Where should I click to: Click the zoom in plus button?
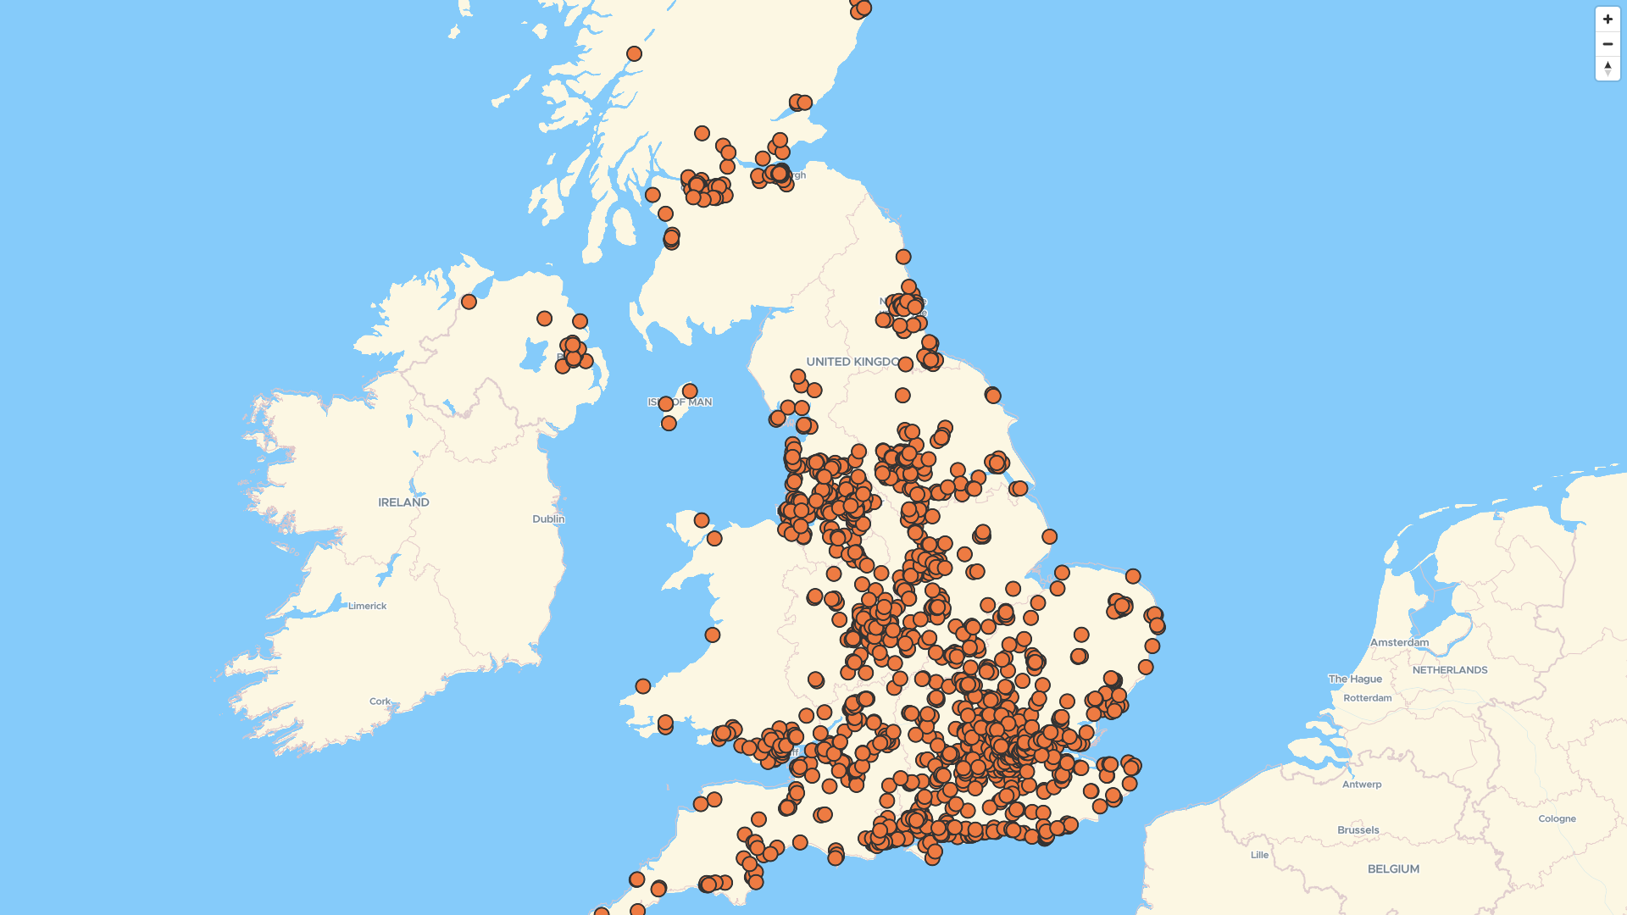click(x=1608, y=19)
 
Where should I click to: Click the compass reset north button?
click(x=1608, y=68)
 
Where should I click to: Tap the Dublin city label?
click(x=548, y=518)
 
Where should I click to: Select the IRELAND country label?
click(x=403, y=502)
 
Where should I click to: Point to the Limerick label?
click(x=367, y=606)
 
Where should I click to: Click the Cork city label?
click(x=380, y=701)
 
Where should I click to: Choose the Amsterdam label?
click(x=1399, y=642)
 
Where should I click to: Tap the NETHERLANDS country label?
click(x=1449, y=670)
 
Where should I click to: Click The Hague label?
click(x=1355, y=679)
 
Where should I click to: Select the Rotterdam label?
click(x=1367, y=698)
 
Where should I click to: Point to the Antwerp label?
click(x=1361, y=785)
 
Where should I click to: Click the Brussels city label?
click(x=1358, y=830)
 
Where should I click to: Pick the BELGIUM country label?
click(x=1393, y=869)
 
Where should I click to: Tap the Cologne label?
click(x=1557, y=818)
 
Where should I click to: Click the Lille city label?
click(x=1259, y=855)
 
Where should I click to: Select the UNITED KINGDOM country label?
click(x=852, y=362)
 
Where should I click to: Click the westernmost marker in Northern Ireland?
click(x=469, y=302)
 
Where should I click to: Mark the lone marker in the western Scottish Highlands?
click(x=634, y=54)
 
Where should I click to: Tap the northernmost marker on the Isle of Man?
click(x=690, y=391)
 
